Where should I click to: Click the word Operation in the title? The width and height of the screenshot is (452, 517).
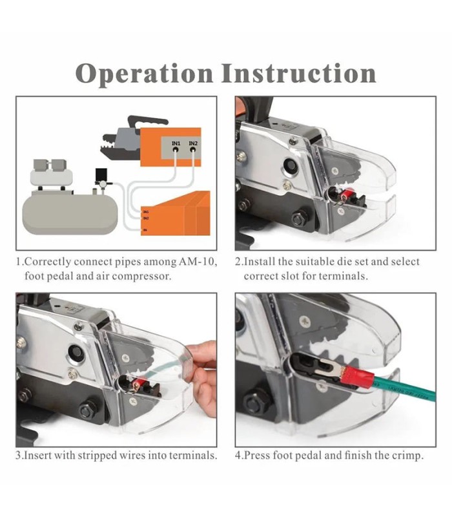[144, 74]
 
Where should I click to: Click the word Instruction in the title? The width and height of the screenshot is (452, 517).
[298, 73]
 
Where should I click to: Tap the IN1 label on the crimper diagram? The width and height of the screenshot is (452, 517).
[176, 143]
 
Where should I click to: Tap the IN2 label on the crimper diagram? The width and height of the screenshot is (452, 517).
[193, 143]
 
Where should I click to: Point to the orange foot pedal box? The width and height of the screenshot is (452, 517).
[176, 213]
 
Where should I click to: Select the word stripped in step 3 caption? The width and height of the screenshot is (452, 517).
[98, 456]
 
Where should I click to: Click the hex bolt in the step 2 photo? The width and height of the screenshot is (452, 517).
[300, 218]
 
